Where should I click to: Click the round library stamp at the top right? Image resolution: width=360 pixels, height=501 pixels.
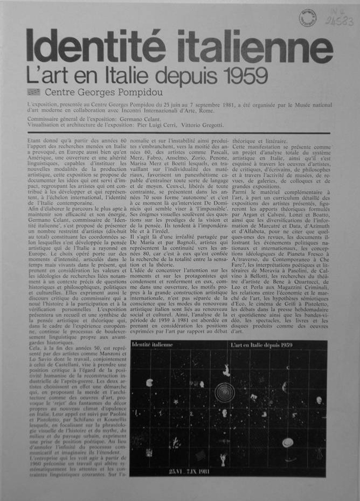pyautogui.click(x=308, y=18)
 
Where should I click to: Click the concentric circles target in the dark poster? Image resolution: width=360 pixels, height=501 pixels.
pyautogui.click(x=224, y=392)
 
